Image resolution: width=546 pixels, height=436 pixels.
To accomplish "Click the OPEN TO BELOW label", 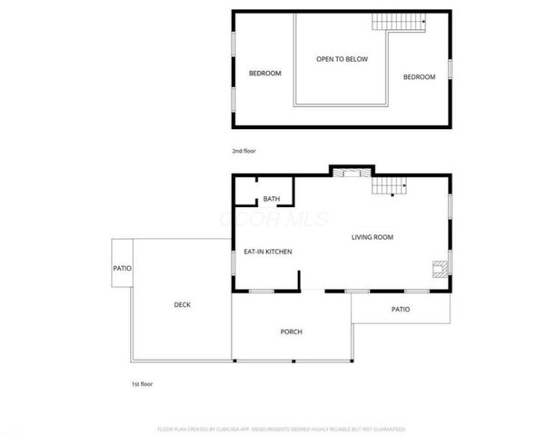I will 342,59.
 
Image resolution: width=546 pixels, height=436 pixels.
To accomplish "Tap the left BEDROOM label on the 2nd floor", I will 264,74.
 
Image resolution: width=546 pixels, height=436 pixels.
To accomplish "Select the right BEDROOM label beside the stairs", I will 419,77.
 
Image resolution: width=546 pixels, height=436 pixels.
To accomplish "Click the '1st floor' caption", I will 142,383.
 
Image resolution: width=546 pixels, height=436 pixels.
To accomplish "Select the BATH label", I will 271,199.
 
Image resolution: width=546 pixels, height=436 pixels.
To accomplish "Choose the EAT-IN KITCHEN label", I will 267,252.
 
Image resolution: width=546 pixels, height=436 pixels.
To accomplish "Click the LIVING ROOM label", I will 372,237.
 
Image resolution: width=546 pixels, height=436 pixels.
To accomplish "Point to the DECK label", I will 182,304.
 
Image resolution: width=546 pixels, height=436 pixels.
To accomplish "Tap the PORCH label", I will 291,332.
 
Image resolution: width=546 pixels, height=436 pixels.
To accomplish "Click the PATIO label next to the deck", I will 122,268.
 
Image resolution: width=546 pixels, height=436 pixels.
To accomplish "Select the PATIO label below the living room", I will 401,309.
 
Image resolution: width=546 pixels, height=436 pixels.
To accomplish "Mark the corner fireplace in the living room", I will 440,267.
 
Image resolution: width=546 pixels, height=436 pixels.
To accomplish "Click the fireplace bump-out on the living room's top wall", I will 350,171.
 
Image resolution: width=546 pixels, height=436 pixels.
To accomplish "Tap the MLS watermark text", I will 273,221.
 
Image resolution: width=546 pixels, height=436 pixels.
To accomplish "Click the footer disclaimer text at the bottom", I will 281,428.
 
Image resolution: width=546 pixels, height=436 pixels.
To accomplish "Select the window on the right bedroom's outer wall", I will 450,69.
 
